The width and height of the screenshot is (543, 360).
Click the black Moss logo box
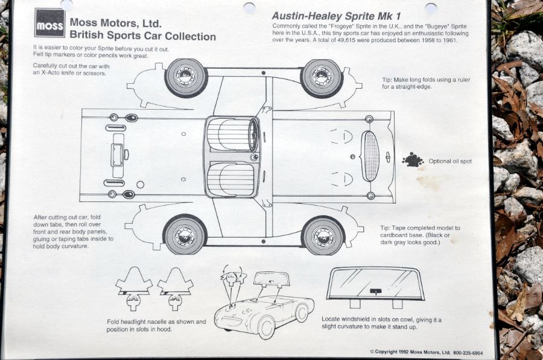(49, 23)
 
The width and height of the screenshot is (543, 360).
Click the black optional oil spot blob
(413, 160)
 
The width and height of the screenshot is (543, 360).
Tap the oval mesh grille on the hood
(370, 156)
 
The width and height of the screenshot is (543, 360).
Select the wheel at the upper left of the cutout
(186, 77)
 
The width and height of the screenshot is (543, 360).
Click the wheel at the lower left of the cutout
(185, 235)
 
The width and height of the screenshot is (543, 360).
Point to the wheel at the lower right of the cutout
(322, 235)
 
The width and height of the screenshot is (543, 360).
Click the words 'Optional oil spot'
(450, 162)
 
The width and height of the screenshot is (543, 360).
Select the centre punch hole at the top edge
(249, 8)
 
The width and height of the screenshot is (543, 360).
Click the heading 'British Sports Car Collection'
(142, 36)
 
